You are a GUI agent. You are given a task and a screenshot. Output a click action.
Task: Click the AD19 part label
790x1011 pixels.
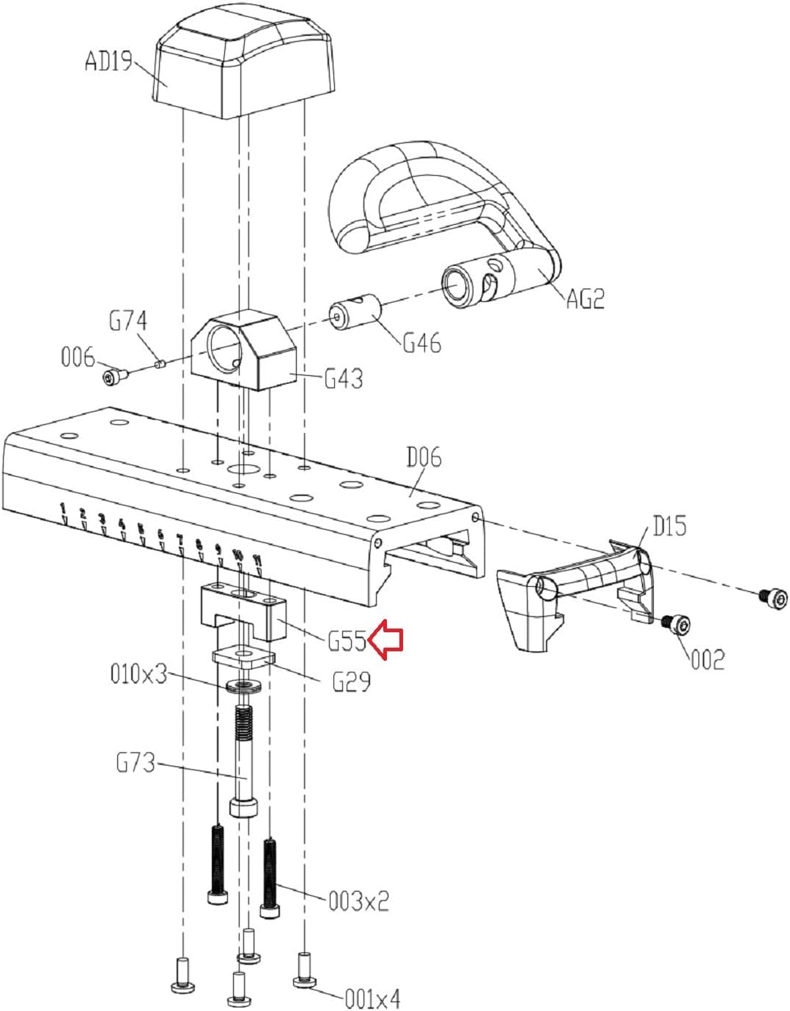[109, 61]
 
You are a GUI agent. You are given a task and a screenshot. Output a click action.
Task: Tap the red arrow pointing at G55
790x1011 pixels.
[385, 640]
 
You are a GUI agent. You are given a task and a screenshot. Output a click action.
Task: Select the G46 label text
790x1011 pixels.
[421, 343]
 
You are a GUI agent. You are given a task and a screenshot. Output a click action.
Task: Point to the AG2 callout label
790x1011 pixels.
[586, 299]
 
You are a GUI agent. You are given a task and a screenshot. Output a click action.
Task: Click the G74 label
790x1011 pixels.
[128, 321]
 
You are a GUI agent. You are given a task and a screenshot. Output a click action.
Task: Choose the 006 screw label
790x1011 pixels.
[78, 358]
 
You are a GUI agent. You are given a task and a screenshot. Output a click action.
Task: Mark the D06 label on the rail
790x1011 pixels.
[424, 458]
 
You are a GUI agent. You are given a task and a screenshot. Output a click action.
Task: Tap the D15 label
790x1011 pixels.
[669, 527]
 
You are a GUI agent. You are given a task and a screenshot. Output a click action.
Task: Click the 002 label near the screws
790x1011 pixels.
[708, 660]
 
